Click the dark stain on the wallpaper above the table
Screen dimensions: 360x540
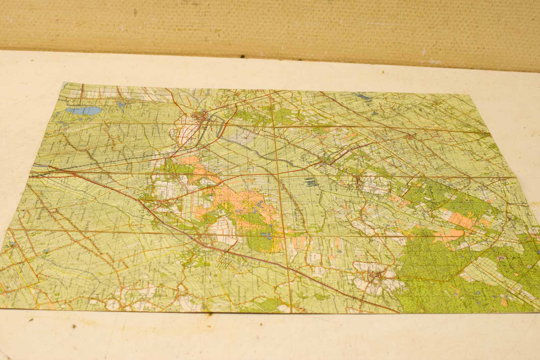pyautogui.click(x=242, y=56)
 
